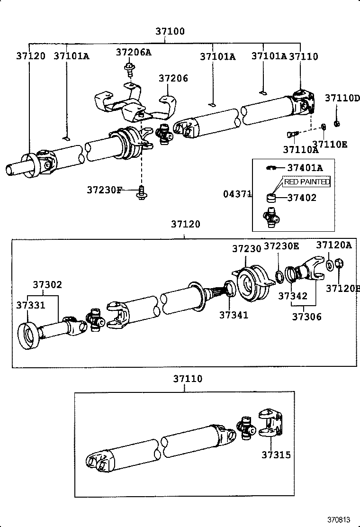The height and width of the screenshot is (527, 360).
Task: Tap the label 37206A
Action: tap(134, 52)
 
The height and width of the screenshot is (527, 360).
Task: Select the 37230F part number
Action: tap(104, 190)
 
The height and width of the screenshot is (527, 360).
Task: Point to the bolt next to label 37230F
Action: tap(141, 192)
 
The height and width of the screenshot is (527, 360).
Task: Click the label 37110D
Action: tap(342, 98)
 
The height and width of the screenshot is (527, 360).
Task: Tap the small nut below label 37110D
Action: tap(336, 124)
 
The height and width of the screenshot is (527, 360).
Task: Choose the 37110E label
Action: tap(329, 144)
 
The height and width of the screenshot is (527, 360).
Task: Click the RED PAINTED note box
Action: tap(306, 182)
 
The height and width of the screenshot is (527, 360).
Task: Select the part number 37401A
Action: tap(305, 167)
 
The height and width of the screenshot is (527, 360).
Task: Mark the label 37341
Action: tap(234, 314)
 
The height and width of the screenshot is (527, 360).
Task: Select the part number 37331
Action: tap(31, 305)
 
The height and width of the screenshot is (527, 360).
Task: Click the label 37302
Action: tap(47, 285)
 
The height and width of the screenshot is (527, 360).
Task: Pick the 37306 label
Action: tap(306, 316)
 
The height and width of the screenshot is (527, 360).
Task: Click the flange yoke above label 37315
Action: tap(271, 422)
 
